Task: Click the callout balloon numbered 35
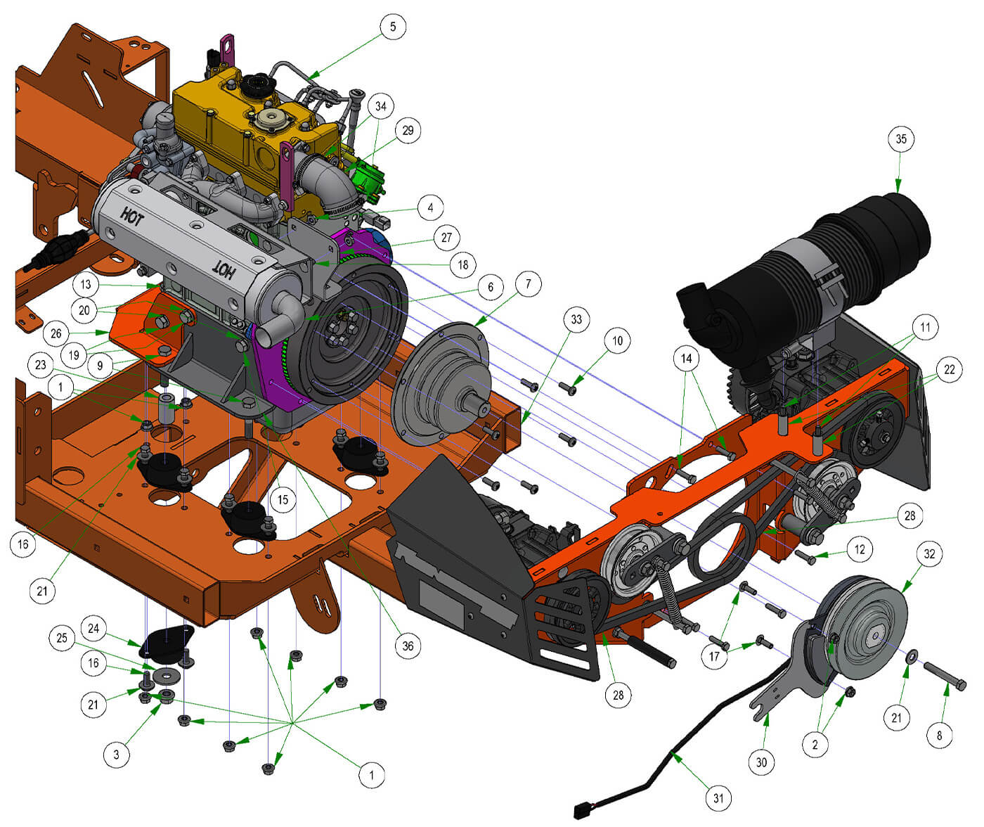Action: pyautogui.click(x=900, y=139)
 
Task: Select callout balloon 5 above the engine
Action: pyautogui.click(x=393, y=27)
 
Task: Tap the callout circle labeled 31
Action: pyautogui.click(x=718, y=797)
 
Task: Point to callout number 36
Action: pyautogui.click(x=408, y=646)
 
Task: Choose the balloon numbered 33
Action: pyautogui.click(x=576, y=319)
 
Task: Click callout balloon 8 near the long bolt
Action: pyautogui.click(x=939, y=735)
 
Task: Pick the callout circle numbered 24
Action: pyautogui.click(x=93, y=629)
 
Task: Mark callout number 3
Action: pyautogui.click(x=117, y=755)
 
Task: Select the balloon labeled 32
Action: pyautogui.click(x=929, y=553)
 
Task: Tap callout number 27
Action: pyautogui.click(x=446, y=238)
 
